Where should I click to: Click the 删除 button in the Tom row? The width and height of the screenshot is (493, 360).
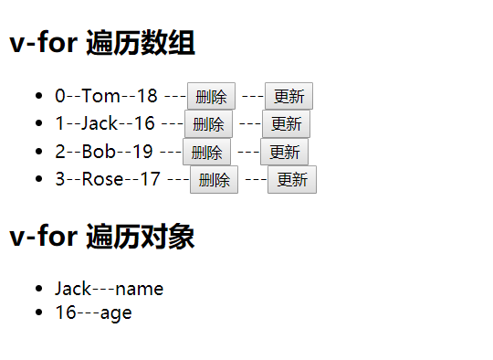tap(211, 96)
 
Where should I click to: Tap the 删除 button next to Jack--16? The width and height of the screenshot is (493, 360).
tap(208, 124)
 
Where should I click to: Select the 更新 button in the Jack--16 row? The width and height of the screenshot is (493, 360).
tap(286, 124)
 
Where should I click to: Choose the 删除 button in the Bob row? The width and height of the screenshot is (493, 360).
tap(206, 152)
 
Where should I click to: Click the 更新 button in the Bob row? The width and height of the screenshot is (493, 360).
tap(284, 152)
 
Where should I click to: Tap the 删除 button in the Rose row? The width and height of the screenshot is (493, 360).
tap(214, 179)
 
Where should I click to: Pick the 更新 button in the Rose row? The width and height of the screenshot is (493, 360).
tap(292, 179)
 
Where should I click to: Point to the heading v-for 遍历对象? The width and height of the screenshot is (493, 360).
tap(102, 238)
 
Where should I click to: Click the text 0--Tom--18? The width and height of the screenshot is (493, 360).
tap(106, 96)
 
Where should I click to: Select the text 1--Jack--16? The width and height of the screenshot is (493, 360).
tap(105, 123)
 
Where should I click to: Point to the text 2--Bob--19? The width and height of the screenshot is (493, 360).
tap(104, 152)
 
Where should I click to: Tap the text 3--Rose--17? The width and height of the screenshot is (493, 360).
tap(108, 179)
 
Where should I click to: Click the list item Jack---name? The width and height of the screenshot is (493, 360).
tap(109, 289)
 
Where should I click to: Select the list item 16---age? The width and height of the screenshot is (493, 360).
tap(93, 312)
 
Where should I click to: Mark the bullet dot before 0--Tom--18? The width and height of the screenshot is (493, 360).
tap(37, 96)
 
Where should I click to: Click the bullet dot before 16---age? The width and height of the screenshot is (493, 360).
tap(37, 312)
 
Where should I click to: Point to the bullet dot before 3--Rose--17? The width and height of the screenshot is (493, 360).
tap(37, 179)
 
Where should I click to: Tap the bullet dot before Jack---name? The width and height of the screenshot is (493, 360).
tap(37, 289)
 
